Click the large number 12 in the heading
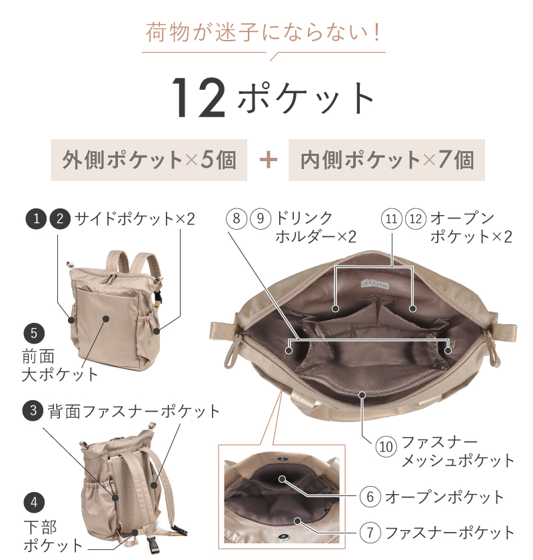199,99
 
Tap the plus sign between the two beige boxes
268,160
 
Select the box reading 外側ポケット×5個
149,160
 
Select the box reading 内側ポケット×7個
386,160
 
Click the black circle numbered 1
35,218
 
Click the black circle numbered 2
59,218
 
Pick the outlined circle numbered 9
261,218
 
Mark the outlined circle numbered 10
386,445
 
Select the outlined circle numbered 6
370,497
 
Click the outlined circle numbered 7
370,532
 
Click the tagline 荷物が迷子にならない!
265,33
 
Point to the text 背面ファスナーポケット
133,411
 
